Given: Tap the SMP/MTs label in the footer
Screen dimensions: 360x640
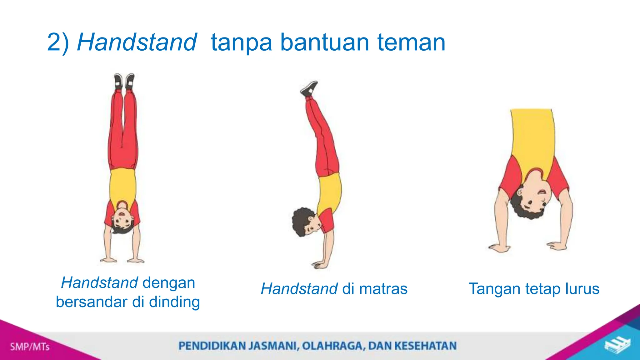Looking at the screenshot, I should coord(30,347).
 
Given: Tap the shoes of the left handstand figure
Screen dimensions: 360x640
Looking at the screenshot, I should coord(124,81).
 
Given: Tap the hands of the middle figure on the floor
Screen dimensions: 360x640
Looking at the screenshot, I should coord(320,265).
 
